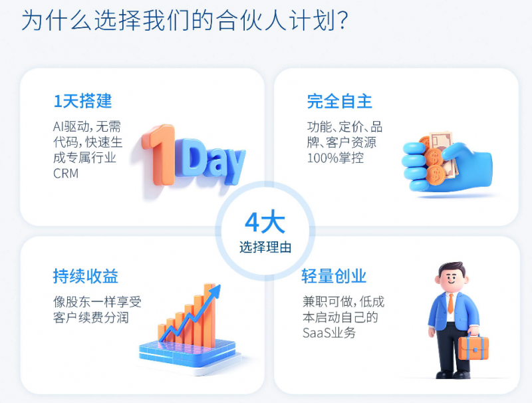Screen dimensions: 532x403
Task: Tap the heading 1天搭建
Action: click(x=82, y=101)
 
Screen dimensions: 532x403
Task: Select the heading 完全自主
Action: click(x=340, y=101)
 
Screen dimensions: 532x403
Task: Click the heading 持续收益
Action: click(x=86, y=276)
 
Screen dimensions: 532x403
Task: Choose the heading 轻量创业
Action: click(x=334, y=276)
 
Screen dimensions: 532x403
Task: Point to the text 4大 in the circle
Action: click(x=265, y=223)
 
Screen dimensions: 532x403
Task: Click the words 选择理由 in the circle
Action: click(x=265, y=247)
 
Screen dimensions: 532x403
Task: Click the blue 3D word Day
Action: click(x=209, y=160)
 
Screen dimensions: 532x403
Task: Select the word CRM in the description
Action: click(x=66, y=174)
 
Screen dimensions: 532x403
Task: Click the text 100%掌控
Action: click(x=335, y=158)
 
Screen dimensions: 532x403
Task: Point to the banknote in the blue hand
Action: click(x=443, y=153)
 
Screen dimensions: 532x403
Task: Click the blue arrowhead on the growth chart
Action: click(x=215, y=292)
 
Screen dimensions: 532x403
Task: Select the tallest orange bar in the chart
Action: click(x=209, y=315)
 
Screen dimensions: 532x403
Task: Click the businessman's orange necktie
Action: click(x=451, y=303)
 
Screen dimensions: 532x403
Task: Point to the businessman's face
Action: click(x=452, y=279)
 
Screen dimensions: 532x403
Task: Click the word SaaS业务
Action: click(x=329, y=333)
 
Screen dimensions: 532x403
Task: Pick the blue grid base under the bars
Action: click(x=188, y=354)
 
